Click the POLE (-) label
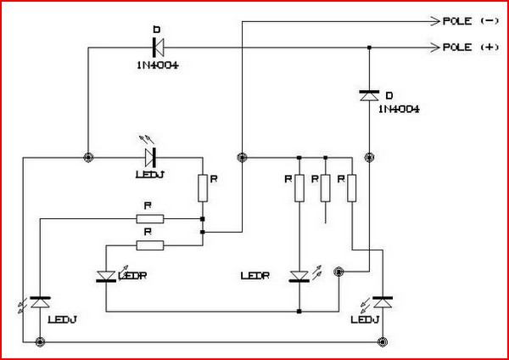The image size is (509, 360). click(469, 20)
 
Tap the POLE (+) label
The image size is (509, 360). click(469, 48)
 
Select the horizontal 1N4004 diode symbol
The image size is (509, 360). click(156, 48)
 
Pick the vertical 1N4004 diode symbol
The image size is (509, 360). click(369, 97)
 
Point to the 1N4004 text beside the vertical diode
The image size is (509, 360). click(399, 110)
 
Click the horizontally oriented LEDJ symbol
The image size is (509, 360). click(150, 156)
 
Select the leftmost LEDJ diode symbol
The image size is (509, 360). click(40, 302)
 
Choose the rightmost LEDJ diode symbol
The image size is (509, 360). click(382, 301)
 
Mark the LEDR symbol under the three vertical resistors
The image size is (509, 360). click(299, 276)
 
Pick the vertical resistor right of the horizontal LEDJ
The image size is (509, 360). click(203, 188)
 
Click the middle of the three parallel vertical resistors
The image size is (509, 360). click(325, 188)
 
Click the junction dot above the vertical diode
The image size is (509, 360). click(369, 48)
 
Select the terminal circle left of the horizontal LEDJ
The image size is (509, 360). click(88, 156)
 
